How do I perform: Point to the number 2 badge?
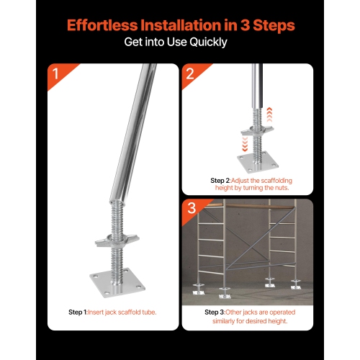[x=190, y=73]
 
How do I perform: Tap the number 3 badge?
[x=191, y=210]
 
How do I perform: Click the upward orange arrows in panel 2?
[x=270, y=112]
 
